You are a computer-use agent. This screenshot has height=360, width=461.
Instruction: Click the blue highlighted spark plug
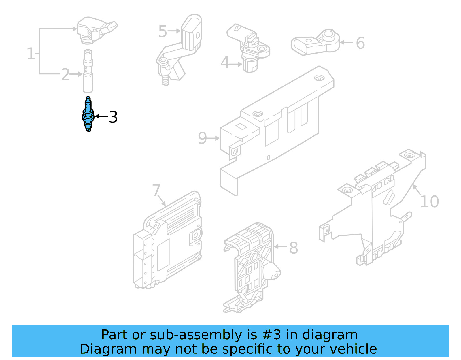pos(88,115)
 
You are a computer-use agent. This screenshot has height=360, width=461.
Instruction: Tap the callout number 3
pos(113,117)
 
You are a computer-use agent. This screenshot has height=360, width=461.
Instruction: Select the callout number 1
pos(31,54)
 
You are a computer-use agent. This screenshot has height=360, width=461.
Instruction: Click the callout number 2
pos(65,75)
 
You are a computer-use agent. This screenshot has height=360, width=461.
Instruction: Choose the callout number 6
pos(360,43)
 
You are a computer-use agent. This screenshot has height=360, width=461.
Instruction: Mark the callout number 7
pos(156,190)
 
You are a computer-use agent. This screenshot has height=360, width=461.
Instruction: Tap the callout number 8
pos(293,248)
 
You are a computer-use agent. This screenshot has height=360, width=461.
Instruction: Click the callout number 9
pos(203,138)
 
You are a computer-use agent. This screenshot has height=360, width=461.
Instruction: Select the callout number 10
pos(429,201)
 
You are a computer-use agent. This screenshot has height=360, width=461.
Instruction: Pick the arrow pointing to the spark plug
pos(101,116)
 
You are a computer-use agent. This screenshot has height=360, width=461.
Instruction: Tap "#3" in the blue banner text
pos(272,335)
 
